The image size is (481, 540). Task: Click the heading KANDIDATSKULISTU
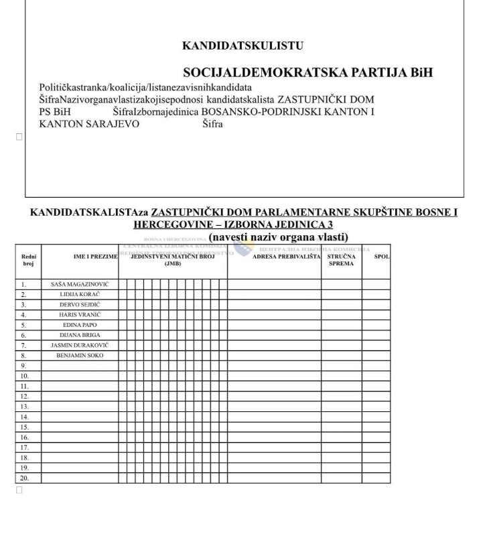click(243, 46)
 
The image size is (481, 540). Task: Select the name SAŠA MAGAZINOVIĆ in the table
click(80, 284)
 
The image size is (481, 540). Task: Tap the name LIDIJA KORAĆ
click(80, 294)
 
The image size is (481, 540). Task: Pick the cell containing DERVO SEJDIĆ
click(80, 304)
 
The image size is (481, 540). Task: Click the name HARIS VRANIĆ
click(80, 314)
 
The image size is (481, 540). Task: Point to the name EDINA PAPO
click(80, 324)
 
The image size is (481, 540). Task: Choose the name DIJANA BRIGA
click(80, 334)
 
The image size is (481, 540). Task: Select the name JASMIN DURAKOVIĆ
click(80, 344)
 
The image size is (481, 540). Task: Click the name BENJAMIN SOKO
click(80, 354)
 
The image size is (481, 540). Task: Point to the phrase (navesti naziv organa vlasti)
click(273, 237)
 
